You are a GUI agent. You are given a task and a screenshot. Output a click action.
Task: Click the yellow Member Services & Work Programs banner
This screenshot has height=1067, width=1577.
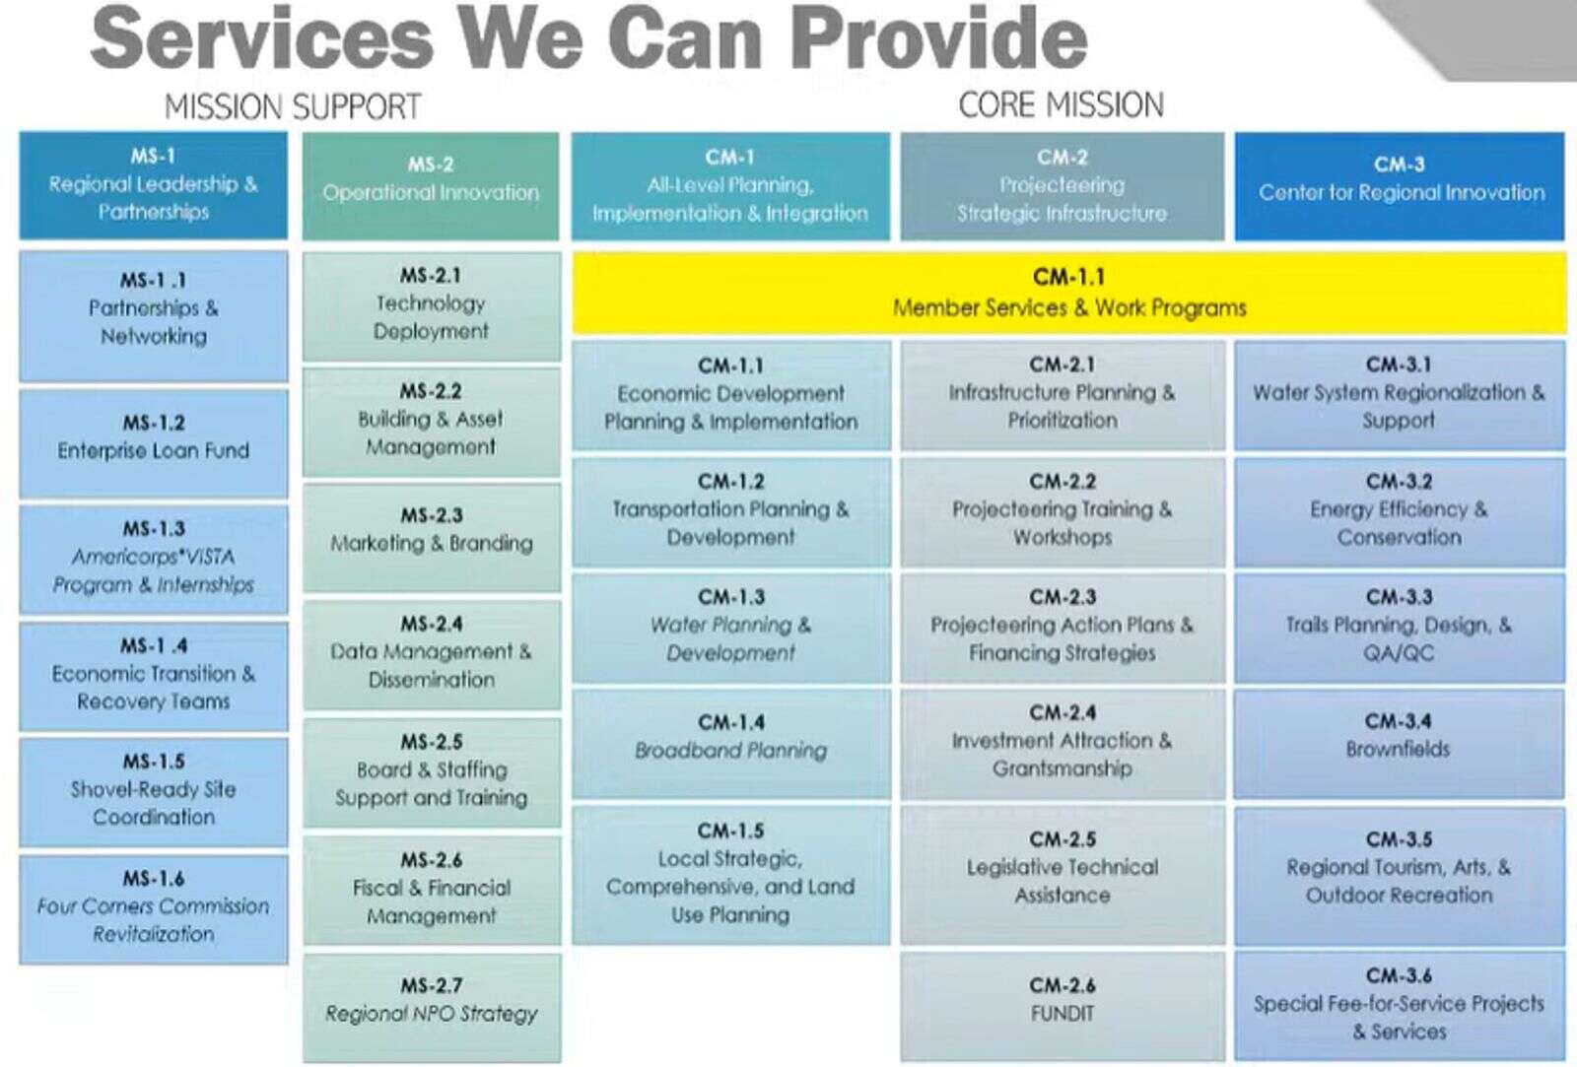[1068, 293]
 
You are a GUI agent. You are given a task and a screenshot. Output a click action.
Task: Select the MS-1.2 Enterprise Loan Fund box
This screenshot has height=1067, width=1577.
[154, 443]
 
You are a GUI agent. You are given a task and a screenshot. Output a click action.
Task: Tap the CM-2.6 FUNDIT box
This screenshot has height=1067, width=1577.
[1063, 1006]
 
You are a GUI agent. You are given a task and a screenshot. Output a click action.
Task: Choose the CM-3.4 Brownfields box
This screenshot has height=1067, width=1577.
[1399, 743]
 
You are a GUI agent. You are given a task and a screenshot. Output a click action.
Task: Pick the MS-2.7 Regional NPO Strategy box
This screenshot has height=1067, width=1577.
[432, 1008]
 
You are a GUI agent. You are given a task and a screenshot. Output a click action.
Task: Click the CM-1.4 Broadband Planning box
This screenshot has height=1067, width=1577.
[730, 743]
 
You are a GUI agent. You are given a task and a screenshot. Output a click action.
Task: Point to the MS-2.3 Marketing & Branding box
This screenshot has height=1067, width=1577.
[432, 537]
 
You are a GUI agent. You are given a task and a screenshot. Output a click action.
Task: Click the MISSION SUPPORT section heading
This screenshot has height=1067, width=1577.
[293, 107]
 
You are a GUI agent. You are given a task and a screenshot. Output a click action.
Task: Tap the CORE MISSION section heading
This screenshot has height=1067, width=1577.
[1061, 104]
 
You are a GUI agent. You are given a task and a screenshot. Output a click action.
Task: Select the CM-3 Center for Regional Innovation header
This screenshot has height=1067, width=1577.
[1400, 186]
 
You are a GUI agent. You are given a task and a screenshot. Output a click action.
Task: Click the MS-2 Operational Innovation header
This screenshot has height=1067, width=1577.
[431, 186]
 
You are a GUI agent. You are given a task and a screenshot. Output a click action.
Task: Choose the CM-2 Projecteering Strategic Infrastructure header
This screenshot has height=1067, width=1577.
[1063, 186]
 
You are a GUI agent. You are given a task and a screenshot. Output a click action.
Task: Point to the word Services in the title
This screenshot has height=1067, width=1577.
[262, 38]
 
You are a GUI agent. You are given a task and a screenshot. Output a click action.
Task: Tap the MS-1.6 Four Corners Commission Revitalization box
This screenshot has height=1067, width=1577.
[154, 909]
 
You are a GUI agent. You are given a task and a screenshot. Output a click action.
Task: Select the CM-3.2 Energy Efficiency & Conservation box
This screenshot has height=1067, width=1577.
[1399, 512]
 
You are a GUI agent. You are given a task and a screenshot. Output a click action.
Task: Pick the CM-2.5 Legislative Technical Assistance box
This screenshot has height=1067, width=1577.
[1063, 876]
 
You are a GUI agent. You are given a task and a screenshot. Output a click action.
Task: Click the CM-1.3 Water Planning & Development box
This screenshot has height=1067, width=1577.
[730, 628]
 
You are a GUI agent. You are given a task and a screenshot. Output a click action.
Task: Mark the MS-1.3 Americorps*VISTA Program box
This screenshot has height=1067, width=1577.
[154, 560]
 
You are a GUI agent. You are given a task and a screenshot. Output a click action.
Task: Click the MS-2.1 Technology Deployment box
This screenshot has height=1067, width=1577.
[432, 306]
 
